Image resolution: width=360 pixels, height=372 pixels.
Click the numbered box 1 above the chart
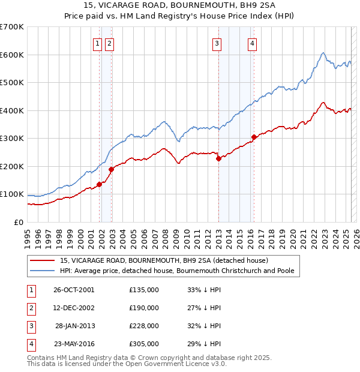coord(97,43)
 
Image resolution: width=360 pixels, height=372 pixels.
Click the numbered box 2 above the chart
coord(109,43)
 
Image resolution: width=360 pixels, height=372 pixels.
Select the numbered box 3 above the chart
coord(217,43)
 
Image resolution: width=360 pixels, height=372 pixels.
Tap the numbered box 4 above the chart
coord(253,43)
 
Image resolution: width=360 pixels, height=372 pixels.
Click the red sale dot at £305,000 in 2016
coord(254,137)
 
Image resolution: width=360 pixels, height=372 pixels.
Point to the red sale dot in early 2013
coord(218,158)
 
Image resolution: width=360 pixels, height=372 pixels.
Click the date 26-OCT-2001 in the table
coord(74,290)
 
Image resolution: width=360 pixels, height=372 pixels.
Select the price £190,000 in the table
coord(144,308)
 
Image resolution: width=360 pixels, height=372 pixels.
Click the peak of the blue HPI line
coord(323,53)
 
